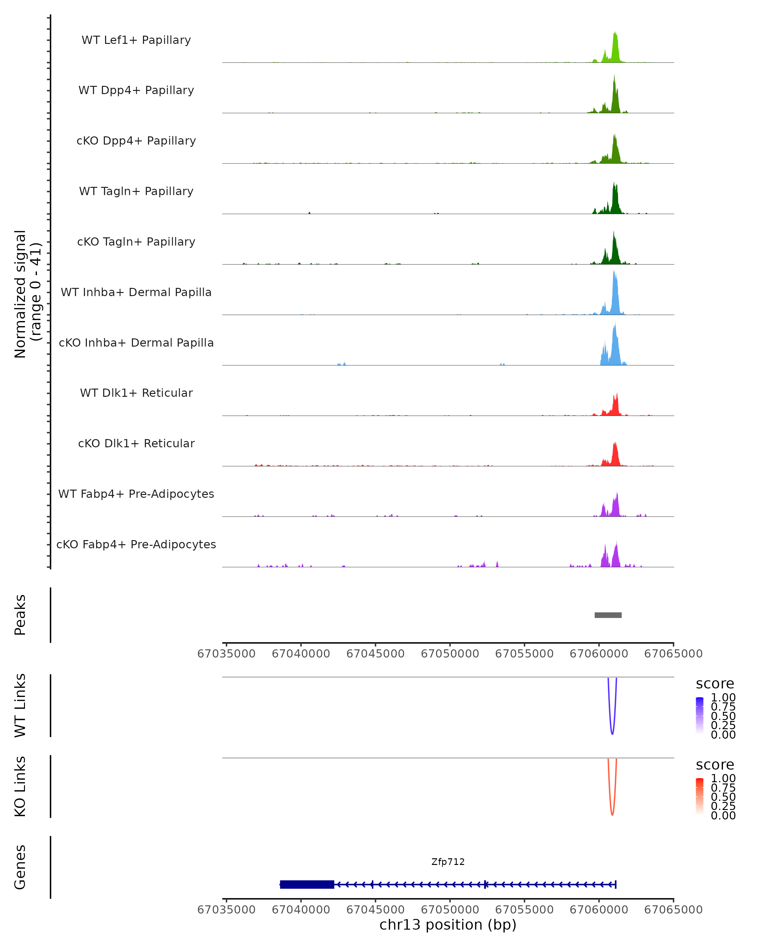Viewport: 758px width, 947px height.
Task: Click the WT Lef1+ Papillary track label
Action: (x=136, y=40)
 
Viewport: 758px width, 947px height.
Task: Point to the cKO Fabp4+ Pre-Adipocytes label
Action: (x=136, y=544)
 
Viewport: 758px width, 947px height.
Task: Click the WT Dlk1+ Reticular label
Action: (x=136, y=393)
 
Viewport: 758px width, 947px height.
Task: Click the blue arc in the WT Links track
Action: (x=612, y=733)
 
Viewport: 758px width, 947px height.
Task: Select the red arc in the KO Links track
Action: (x=612, y=814)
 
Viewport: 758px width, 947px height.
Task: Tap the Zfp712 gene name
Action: (x=448, y=862)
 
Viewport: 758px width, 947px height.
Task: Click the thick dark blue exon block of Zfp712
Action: (x=307, y=884)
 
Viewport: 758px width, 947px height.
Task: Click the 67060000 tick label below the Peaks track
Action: (x=599, y=654)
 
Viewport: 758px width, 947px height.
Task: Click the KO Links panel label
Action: (x=20, y=786)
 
